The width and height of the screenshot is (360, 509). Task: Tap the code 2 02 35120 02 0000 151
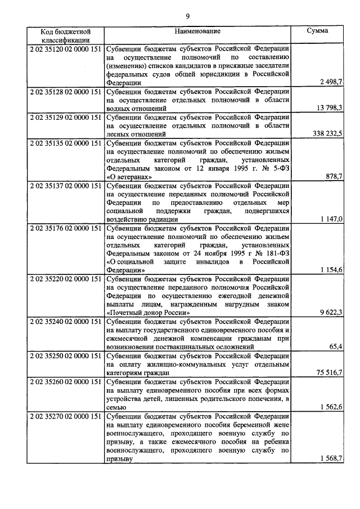pos(65,48)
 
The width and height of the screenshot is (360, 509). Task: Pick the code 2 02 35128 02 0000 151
pos(65,91)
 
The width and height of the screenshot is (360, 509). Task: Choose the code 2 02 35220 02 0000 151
pos(65,278)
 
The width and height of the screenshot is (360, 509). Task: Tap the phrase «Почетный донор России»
pos(145,313)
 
